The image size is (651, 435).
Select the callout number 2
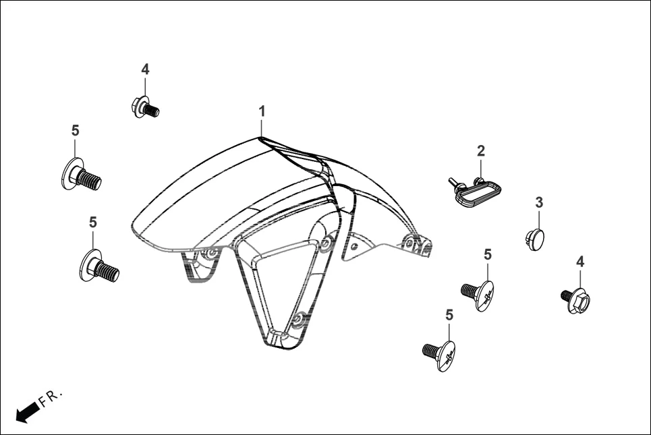click(x=481, y=151)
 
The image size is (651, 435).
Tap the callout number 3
click(x=539, y=202)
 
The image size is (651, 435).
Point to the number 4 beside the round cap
click(x=580, y=262)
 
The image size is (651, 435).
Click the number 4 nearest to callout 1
click(x=145, y=69)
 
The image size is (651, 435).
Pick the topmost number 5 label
click(x=75, y=130)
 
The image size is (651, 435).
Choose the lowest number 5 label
click(x=449, y=314)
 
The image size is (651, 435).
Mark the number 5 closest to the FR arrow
click(x=93, y=222)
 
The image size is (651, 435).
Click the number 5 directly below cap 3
click(x=488, y=254)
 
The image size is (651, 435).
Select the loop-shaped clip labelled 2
click(x=474, y=192)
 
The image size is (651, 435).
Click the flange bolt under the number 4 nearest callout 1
click(x=144, y=107)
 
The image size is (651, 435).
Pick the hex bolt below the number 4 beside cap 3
click(x=578, y=298)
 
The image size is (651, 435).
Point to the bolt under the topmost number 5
click(x=81, y=176)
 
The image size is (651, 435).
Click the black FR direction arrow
click(x=26, y=411)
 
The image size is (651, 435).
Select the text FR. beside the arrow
click(x=51, y=398)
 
